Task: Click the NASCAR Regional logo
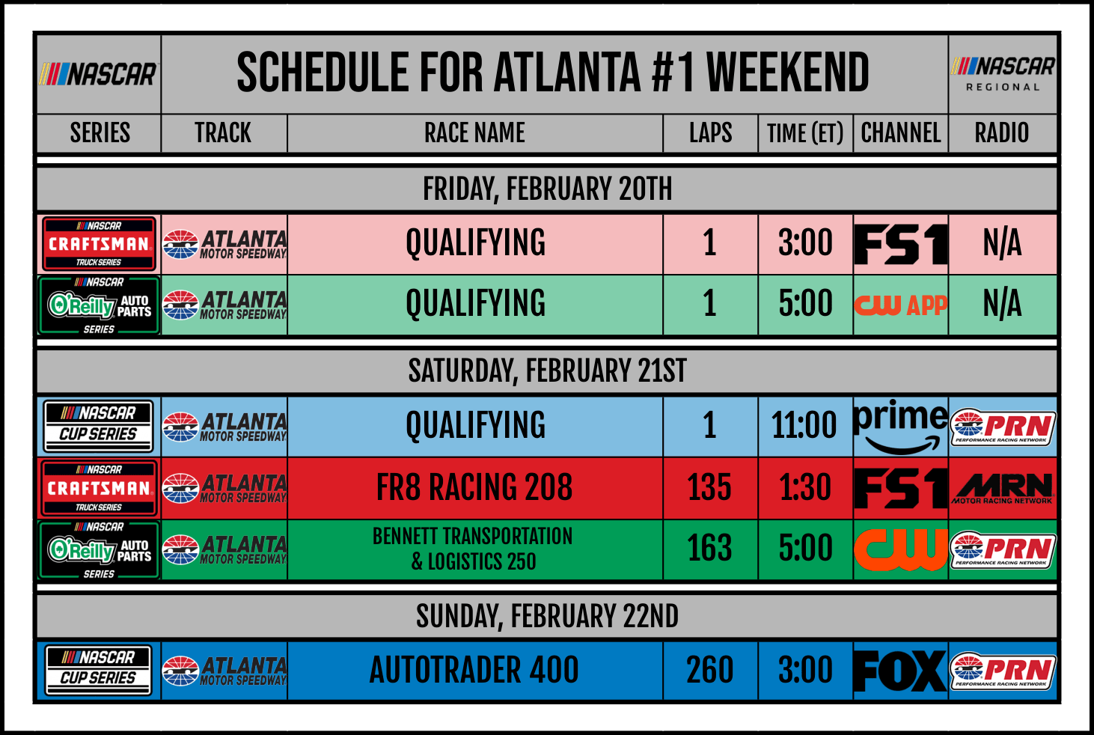click(x=1003, y=74)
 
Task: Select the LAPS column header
click(x=710, y=132)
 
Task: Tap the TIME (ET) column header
click(x=805, y=133)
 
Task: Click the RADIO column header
click(x=1002, y=132)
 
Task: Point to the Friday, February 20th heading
click(x=547, y=189)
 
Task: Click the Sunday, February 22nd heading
click(x=547, y=616)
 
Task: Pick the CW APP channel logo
click(x=901, y=305)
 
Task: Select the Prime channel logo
click(x=901, y=427)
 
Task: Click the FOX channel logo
click(x=900, y=671)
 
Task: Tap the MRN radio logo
click(x=1002, y=488)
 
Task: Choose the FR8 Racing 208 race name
click(x=474, y=487)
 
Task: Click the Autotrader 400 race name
click(x=474, y=670)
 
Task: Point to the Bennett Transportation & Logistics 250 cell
click(x=473, y=549)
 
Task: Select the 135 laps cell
click(x=709, y=487)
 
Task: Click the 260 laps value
click(x=709, y=670)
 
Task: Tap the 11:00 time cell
click(x=804, y=425)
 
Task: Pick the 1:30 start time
click(x=805, y=487)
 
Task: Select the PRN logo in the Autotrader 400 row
click(x=1003, y=671)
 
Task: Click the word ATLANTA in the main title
click(x=567, y=73)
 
